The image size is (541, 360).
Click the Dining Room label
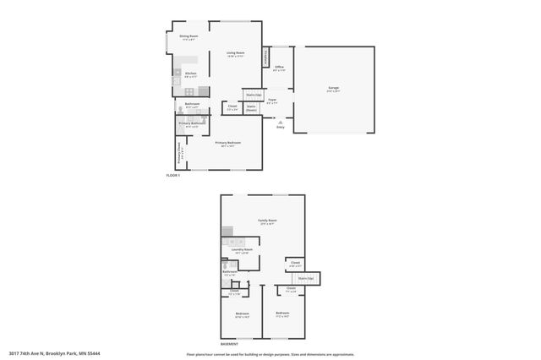(189, 36)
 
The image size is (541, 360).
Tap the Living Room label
(235, 53)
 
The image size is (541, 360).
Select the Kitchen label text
(190, 74)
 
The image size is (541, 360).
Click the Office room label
(278, 66)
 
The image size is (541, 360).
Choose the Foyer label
(272, 100)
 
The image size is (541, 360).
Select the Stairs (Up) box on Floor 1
(252, 95)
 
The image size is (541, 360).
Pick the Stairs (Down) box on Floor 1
(252, 108)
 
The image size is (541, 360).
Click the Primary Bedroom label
(227, 144)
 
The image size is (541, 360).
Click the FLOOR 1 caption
(172, 175)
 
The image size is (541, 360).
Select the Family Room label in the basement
(268, 221)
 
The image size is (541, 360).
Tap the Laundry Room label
(243, 250)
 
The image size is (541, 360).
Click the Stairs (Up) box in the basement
(306, 277)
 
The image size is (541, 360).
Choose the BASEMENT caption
(229, 344)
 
